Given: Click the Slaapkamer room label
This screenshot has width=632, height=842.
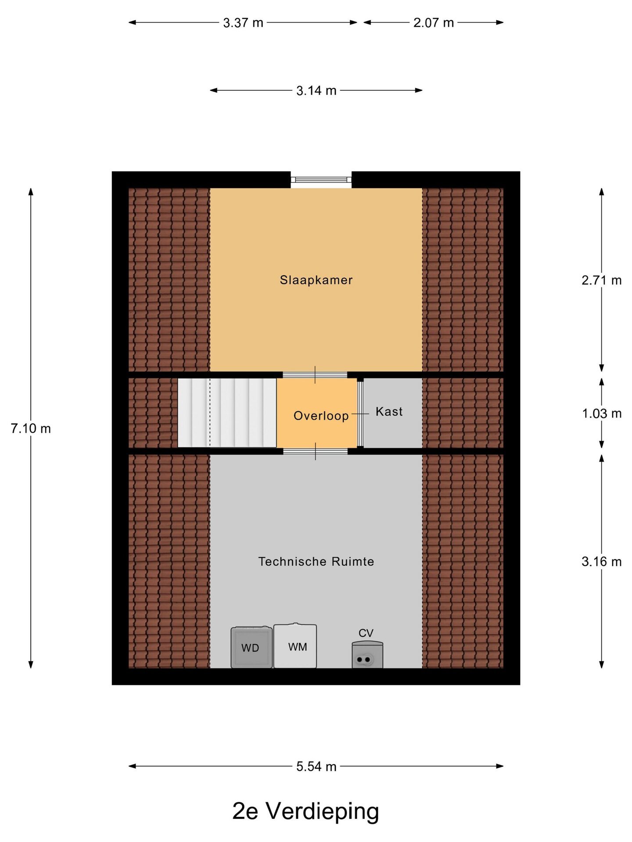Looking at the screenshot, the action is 316,280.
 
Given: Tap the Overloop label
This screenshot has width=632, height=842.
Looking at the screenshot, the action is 321,416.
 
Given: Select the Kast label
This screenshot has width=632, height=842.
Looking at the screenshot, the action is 389,411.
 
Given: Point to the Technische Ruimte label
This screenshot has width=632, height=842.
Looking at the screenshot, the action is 316,561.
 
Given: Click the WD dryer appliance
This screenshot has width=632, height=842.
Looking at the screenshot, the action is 251,647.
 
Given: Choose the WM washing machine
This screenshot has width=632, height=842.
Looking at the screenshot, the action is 295,646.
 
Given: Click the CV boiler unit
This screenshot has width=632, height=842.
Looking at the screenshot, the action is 367,655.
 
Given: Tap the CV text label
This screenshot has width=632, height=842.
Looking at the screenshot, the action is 366,633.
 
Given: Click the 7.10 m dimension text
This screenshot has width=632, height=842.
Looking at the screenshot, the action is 31,428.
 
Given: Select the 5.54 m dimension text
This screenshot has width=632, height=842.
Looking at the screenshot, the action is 316,767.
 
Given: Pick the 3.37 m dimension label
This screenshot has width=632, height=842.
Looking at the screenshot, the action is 243,23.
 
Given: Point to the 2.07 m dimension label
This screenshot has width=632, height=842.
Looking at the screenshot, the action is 434,23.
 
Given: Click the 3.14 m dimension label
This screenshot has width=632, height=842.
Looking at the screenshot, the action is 316,91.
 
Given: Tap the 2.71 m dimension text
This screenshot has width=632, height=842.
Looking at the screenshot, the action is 602,280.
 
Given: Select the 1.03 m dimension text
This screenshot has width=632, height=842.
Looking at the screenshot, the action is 602,414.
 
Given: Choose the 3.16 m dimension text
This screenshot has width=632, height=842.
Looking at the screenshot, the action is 602,562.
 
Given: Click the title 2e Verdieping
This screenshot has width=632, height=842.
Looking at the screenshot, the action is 305,811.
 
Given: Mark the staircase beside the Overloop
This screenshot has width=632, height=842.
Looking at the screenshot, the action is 227,413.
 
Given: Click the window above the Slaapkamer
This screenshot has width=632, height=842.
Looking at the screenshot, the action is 321,179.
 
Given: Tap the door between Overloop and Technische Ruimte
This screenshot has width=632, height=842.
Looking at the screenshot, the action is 315,451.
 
